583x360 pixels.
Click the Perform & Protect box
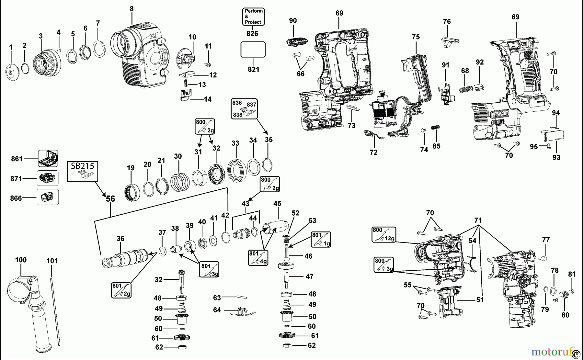pos(253,17)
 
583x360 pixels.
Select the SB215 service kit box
pos(83,171)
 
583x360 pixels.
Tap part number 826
pos(252,33)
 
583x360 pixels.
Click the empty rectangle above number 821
pos(253,50)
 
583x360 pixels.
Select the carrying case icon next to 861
pos(48,158)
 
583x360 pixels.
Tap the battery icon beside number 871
pos(48,178)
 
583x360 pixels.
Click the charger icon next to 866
pos(48,197)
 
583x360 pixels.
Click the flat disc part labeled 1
pos(13,72)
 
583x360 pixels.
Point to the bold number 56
pos(110,199)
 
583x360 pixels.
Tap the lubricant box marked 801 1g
pos(321,239)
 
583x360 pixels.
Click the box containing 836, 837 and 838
pos(244,108)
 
